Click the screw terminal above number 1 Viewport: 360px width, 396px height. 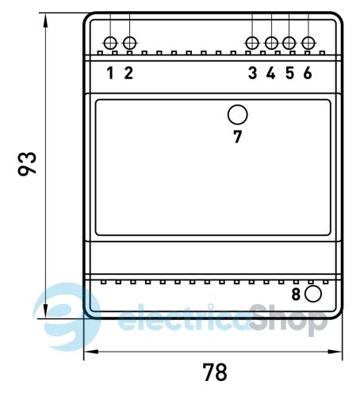110,43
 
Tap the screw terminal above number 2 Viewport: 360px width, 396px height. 130,43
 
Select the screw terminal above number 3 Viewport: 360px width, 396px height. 252,43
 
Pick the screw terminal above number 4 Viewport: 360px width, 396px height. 271,43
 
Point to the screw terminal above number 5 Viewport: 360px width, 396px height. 289,43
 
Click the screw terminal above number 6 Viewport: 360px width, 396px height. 308,43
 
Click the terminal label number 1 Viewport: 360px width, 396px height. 110,73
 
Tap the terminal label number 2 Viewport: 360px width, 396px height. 128,73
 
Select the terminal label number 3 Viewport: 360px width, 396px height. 252,73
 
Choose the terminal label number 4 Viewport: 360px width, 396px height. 271,73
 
